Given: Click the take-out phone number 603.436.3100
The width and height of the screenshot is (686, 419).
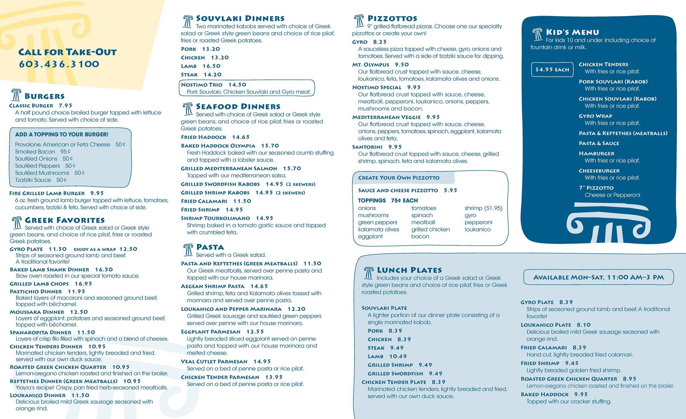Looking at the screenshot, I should pos(59,64).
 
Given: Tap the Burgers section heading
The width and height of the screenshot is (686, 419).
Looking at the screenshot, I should pos(45,96).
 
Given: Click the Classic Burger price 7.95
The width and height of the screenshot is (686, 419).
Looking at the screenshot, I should pos(66,106).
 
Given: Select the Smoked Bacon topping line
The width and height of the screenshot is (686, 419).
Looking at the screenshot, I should pos(43,152).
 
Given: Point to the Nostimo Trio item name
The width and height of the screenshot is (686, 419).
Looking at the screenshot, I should pos(202,85).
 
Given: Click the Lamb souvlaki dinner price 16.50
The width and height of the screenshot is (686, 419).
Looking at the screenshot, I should pos(211,66).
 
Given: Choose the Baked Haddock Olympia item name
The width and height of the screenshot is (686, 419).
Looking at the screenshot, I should pos(218,146).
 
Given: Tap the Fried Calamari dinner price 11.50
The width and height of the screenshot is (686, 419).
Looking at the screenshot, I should pos(242,201).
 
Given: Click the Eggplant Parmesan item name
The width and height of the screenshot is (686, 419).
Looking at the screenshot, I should pos(211,332).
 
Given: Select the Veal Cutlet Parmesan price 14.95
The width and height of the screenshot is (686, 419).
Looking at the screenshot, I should pos(262,361).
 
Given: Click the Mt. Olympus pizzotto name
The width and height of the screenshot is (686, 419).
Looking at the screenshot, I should pos(370,65).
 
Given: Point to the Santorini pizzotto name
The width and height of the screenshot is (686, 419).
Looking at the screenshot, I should pos(367,147).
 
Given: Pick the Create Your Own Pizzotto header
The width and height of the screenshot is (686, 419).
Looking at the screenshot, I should pos(399,178).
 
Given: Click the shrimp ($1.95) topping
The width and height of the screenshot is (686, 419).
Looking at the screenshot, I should pos(483,208).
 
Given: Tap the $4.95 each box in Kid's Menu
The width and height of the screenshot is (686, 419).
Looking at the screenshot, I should pos(552,70).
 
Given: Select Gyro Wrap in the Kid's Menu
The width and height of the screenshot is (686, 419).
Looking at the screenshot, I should pos(595,116).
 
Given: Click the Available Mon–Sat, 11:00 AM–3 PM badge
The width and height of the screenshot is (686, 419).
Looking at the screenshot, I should pos(598,278).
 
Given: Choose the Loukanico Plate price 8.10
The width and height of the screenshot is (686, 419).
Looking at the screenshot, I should pos(584,325).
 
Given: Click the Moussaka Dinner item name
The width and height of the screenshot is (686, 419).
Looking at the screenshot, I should pos(37,312).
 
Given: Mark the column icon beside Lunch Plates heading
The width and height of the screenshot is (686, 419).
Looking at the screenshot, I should pos(368,273).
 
